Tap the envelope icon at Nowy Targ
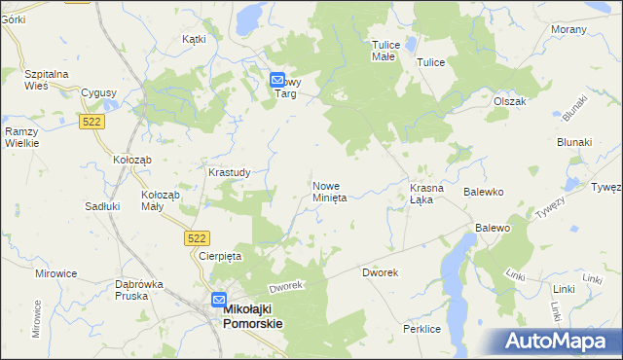(x=277, y=82)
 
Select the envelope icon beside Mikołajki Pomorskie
(x=219, y=301)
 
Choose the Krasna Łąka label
(x=427, y=193)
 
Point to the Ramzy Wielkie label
(x=21, y=137)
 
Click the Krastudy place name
(x=230, y=172)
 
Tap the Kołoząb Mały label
(x=161, y=199)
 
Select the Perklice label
(x=422, y=330)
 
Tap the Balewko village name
(x=483, y=193)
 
